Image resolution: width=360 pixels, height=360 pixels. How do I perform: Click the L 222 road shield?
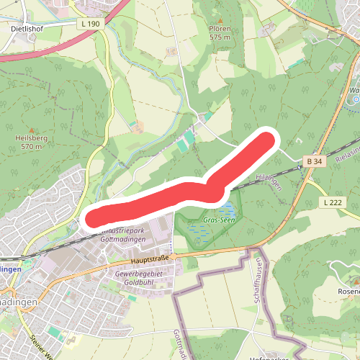[333, 202]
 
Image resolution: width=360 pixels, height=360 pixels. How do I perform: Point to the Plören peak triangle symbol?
[220, 22]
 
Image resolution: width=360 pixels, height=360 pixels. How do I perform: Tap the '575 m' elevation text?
[220, 37]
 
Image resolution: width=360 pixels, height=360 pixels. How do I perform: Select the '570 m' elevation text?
[32, 146]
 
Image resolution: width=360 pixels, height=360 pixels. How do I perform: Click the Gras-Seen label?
[217, 220]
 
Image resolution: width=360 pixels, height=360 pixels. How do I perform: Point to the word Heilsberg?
[32, 138]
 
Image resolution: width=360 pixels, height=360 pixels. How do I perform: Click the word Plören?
[220, 29]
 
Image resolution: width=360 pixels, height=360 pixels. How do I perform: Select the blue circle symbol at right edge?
[352, 100]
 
